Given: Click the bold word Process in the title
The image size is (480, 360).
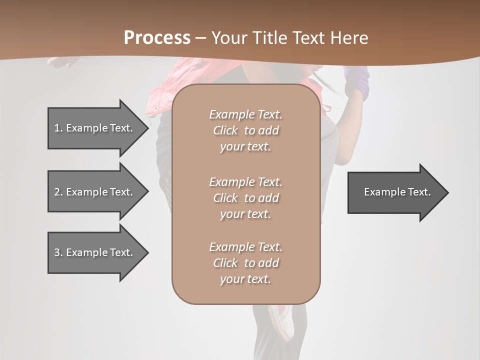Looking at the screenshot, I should pos(157,38).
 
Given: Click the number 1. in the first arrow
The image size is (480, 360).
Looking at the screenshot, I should pos(58,128).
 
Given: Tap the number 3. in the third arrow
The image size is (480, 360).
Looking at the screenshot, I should pos(58,252).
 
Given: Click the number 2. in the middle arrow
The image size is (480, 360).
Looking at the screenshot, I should pos(58,192).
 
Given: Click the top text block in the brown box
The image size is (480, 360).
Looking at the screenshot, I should pos(246,130).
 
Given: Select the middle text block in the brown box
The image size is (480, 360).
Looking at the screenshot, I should pos(246,198).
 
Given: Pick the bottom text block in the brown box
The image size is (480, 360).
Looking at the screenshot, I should pos(246,263).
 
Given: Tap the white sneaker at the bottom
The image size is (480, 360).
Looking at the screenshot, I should pos(280,320).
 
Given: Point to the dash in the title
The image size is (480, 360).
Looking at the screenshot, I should pos(200,38).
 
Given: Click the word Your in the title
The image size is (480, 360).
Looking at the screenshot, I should pos(230,38).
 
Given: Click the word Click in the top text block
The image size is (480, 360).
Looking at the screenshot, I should pos(225,130).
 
